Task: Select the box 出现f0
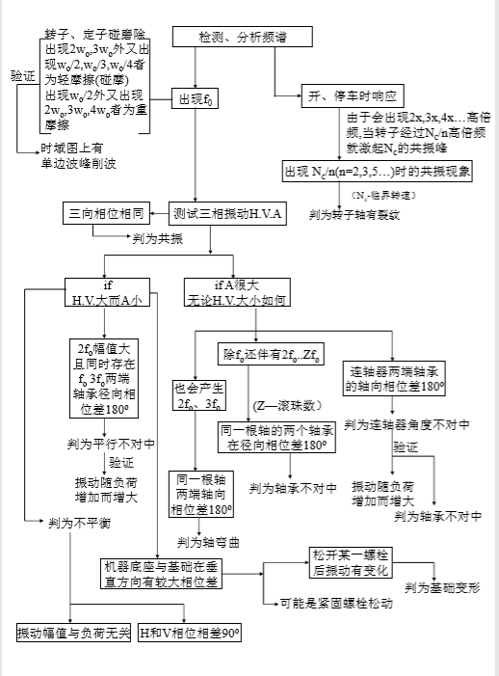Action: (195, 98)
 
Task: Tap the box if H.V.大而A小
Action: (108, 293)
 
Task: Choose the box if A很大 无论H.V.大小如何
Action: (236, 293)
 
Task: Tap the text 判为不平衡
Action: (79, 522)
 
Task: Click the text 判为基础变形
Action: (442, 587)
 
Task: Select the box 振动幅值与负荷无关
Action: (72, 634)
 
